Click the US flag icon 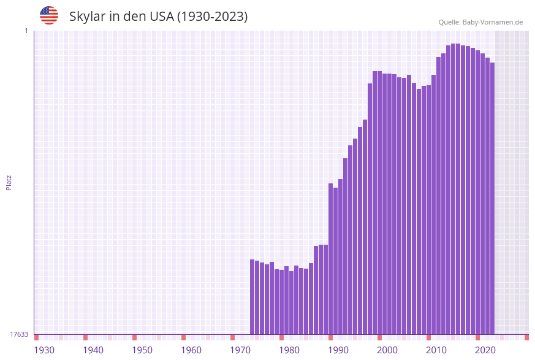point(49,15)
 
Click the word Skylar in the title point(87,17)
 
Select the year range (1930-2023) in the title point(212,17)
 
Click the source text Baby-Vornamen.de point(492,22)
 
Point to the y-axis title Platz point(9,183)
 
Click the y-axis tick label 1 point(26,31)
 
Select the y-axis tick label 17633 point(19,334)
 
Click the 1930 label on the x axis point(44,350)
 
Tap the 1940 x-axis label point(93,350)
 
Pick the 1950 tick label point(142,350)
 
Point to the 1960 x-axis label point(191,350)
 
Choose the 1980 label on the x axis point(289,350)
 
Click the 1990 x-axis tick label point(338,350)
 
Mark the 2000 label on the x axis point(387,350)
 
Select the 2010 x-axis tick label point(436,350)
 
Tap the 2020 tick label point(485,350)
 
